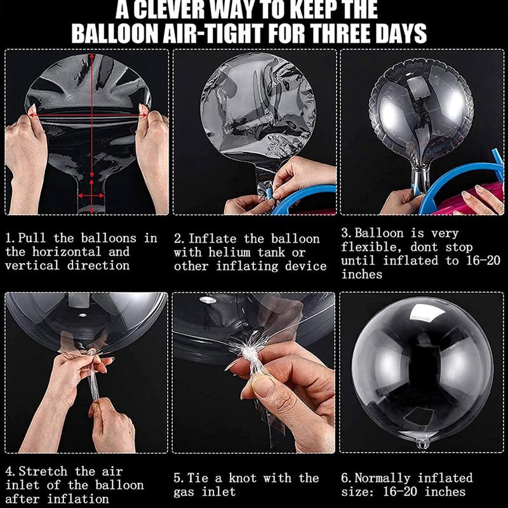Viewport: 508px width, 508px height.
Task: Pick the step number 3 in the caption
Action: point(345,233)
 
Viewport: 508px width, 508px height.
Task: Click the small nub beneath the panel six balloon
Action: point(422,443)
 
